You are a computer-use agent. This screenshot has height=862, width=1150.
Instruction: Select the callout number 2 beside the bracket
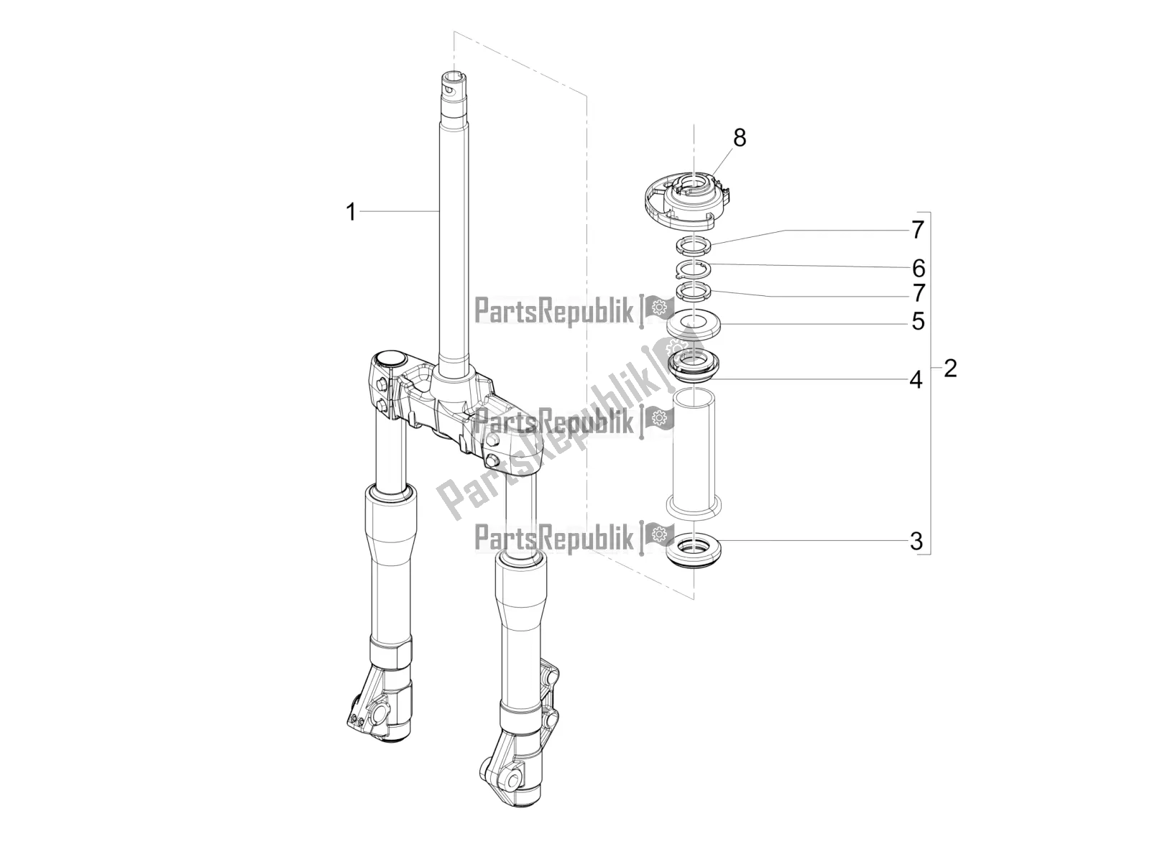pyautogui.click(x=950, y=369)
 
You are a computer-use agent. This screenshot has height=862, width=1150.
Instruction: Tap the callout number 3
pyautogui.click(x=916, y=540)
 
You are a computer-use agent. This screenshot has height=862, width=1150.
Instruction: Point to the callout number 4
pyautogui.click(x=915, y=379)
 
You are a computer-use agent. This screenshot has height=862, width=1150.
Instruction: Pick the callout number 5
pyautogui.click(x=918, y=321)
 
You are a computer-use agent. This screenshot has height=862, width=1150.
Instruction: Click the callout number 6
pyautogui.click(x=918, y=269)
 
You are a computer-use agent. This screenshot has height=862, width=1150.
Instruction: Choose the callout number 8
pyautogui.click(x=740, y=137)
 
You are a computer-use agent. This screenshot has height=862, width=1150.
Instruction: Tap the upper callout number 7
pyautogui.click(x=917, y=230)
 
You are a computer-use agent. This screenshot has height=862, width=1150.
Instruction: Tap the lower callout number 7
pyautogui.click(x=918, y=293)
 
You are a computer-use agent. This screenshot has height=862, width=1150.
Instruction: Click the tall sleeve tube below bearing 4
pyautogui.click(x=694, y=453)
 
